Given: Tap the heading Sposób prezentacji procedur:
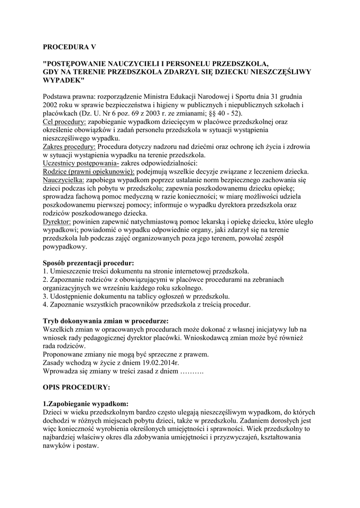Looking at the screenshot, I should tap(88, 262).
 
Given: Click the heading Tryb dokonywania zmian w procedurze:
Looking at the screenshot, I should tap(106, 320).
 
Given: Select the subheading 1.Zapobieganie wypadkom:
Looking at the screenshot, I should tap(85, 403).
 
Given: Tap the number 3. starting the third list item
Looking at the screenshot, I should tap(46, 296).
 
